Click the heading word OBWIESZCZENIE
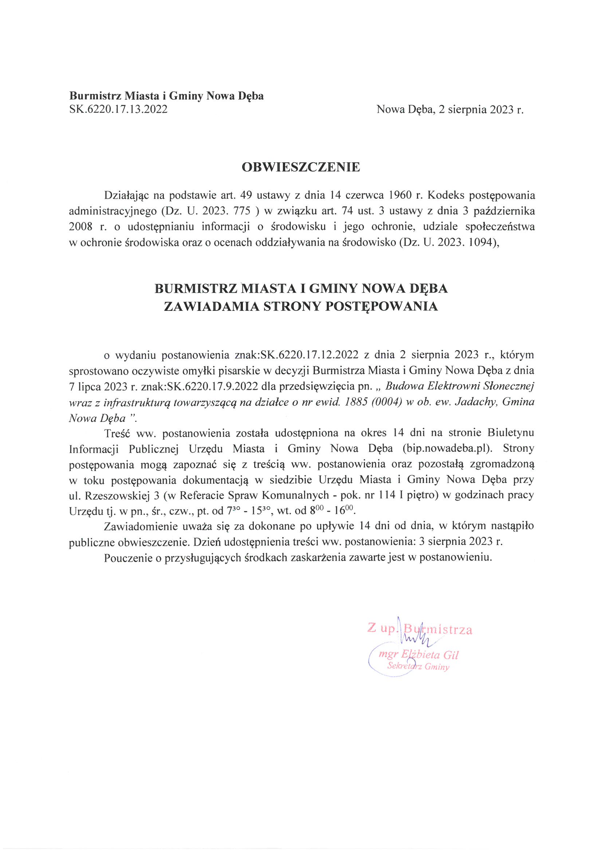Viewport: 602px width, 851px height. (x=300, y=167)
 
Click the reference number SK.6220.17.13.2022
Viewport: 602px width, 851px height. (x=118, y=109)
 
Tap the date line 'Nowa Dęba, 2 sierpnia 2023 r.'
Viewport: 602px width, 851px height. (x=449, y=109)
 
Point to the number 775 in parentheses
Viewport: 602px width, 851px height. (x=243, y=211)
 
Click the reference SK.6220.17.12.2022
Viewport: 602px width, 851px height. (x=309, y=355)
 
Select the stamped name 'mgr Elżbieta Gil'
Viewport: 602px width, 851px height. (x=418, y=655)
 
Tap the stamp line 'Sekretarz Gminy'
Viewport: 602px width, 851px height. (x=418, y=666)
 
